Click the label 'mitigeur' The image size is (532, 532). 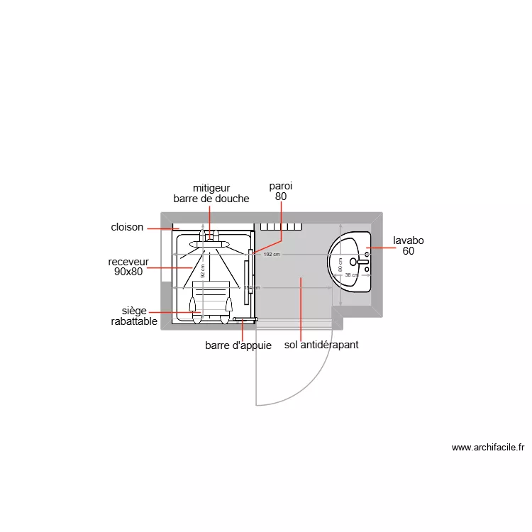point(211,188)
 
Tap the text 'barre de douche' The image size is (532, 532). point(211,199)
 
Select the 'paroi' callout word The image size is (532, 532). point(280,186)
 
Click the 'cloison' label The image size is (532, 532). point(127,228)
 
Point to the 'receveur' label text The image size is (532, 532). point(128,261)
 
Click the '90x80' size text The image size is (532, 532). point(128,271)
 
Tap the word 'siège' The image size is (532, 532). point(135,311)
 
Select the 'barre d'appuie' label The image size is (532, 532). point(238,345)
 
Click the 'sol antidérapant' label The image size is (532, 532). point(321,345)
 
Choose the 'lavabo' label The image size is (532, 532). point(409,240)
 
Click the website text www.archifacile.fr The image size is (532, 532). point(487,448)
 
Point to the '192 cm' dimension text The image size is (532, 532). point(272,254)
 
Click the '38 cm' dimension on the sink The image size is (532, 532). point(351,275)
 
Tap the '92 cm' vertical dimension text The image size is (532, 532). point(202,271)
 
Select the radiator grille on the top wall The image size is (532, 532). point(282,227)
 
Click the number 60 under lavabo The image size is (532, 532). point(409,251)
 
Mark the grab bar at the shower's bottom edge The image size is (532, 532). point(243,320)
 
